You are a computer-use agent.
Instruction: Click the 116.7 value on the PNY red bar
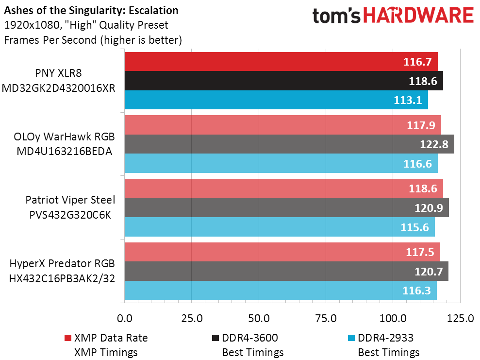[417, 62]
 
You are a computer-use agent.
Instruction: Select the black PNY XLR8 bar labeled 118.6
[284, 81]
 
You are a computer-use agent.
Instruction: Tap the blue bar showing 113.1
[276, 100]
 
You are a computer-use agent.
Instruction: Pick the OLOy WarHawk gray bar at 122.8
[289, 144]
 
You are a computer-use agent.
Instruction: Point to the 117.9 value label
[421, 125]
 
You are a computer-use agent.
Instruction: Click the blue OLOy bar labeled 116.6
[281, 163]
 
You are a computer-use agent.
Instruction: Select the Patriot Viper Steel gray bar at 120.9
[287, 208]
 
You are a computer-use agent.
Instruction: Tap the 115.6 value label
[415, 227]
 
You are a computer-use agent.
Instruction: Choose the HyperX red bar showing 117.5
[282, 252]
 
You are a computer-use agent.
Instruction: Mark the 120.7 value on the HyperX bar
[429, 272]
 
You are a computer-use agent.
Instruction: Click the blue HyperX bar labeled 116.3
[281, 290]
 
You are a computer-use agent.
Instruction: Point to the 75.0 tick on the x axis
[326, 318]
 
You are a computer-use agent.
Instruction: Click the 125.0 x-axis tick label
[460, 318]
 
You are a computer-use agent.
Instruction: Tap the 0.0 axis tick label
[125, 318]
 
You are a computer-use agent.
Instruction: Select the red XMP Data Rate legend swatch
[67, 338]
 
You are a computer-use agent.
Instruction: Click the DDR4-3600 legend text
[250, 338]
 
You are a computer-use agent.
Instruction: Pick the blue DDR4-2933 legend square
[351, 338]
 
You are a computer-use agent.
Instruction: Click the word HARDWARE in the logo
[418, 16]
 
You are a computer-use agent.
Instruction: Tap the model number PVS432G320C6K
[70, 215]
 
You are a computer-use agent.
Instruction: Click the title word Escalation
[153, 10]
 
